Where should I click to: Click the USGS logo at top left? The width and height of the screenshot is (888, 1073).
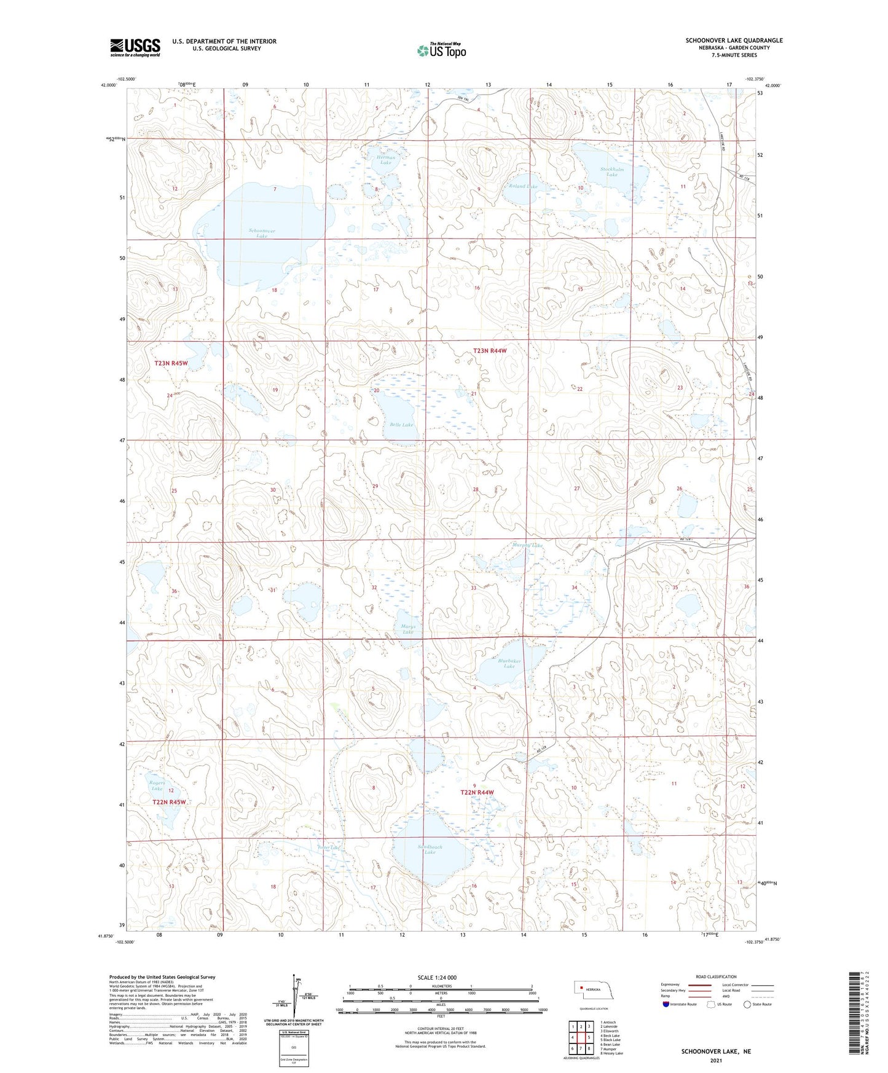click(135, 47)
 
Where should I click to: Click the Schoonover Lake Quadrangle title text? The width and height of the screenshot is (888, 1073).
click(734, 41)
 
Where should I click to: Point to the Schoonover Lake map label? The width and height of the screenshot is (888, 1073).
click(262, 233)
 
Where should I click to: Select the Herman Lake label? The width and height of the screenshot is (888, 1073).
click(385, 160)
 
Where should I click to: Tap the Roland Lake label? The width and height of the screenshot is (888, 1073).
click(522, 186)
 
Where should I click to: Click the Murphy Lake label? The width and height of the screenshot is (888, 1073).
click(527, 545)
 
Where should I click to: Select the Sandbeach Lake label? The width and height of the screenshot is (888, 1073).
click(430, 849)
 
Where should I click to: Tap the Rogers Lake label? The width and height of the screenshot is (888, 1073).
click(157, 785)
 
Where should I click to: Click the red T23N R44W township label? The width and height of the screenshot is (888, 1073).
click(490, 351)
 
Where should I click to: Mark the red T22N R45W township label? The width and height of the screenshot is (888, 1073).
click(169, 802)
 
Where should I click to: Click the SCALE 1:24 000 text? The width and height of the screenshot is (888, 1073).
click(437, 977)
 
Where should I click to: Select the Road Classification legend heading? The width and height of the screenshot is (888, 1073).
click(717, 977)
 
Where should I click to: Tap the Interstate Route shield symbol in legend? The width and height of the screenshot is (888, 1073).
click(666, 1004)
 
